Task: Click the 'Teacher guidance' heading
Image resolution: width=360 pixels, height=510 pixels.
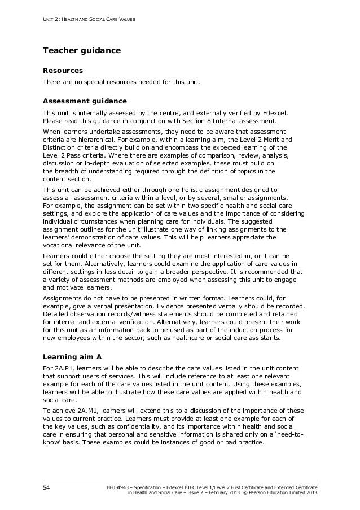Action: coord(82,51)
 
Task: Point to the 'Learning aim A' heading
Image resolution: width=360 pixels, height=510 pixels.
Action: coord(72,356)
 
